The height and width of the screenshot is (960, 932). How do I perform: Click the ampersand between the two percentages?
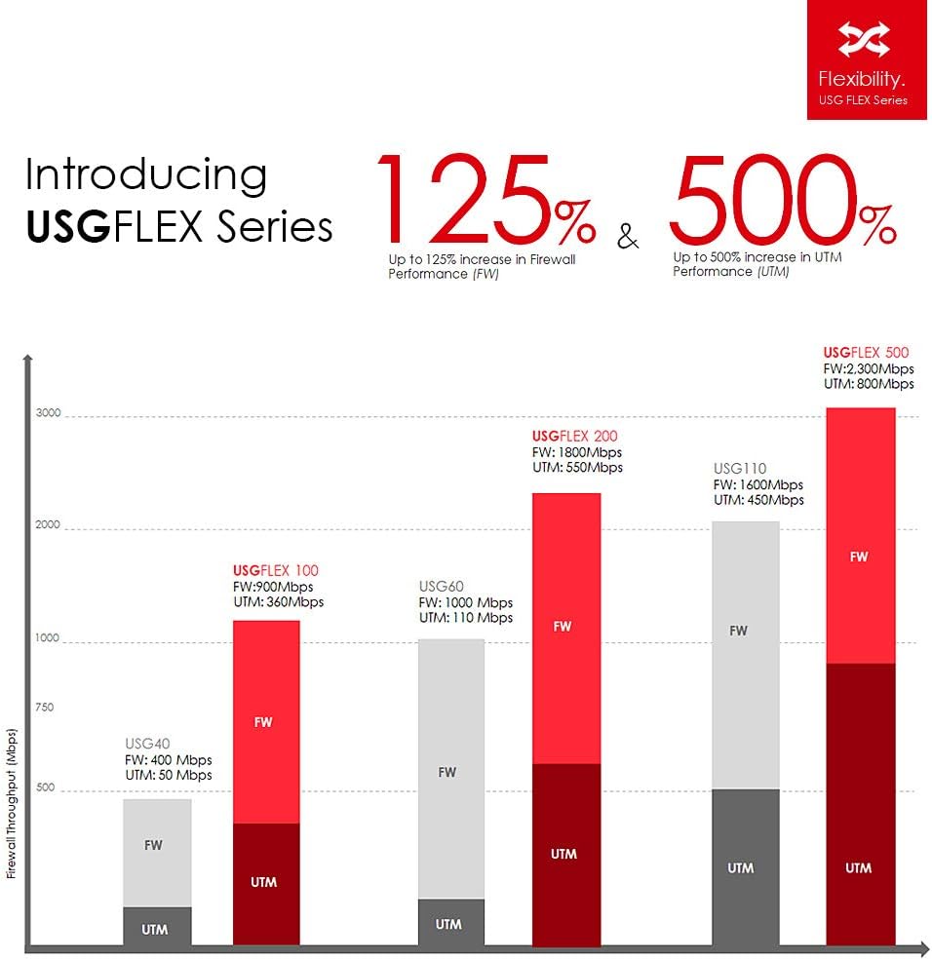(x=629, y=236)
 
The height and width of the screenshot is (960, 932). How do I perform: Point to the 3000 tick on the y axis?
(x=49, y=413)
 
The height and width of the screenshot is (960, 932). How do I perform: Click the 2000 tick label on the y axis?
(x=49, y=525)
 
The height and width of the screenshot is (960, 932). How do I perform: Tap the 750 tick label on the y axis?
(x=45, y=708)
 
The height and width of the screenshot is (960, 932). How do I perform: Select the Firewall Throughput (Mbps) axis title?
(x=12, y=802)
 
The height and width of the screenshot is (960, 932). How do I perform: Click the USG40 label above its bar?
(x=147, y=743)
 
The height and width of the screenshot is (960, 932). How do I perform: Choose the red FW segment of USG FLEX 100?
(x=265, y=721)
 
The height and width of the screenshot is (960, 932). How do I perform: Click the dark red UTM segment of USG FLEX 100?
(x=265, y=883)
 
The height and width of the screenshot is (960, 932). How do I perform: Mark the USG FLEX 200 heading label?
(x=575, y=436)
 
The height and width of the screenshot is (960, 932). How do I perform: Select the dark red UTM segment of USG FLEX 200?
(x=565, y=854)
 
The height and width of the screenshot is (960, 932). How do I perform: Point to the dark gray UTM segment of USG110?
(x=745, y=866)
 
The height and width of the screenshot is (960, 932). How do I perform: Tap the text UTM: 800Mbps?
(x=869, y=384)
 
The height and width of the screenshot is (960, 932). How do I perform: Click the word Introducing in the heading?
(x=146, y=174)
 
